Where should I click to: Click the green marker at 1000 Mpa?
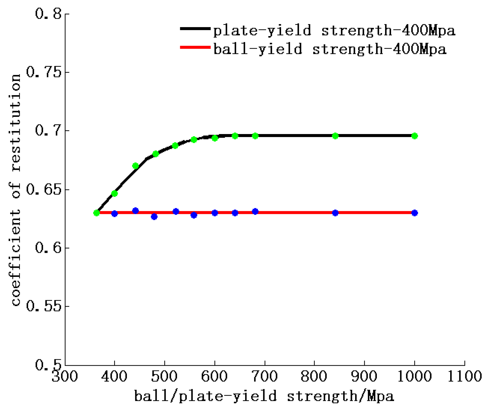click(414, 136)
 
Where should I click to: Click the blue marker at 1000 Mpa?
click(414, 213)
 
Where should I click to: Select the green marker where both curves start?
click(96, 213)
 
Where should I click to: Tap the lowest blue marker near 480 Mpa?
click(154, 217)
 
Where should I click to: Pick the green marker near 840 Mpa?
click(335, 136)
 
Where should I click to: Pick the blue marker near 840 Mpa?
click(335, 213)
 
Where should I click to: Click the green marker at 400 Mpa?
click(114, 193)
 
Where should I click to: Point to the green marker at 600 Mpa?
click(215, 138)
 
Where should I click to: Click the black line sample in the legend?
click(195, 29)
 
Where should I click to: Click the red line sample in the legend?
click(195, 47)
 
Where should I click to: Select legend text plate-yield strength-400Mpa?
click(334, 30)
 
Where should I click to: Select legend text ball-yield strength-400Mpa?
click(330, 49)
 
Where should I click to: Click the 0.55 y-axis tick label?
click(44, 306)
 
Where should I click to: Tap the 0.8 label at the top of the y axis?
click(48, 14)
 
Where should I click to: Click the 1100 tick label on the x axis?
click(464, 376)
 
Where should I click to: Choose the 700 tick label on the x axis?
click(265, 376)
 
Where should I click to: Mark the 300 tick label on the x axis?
click(65, 376)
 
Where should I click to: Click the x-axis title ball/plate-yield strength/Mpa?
click(264, 396)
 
